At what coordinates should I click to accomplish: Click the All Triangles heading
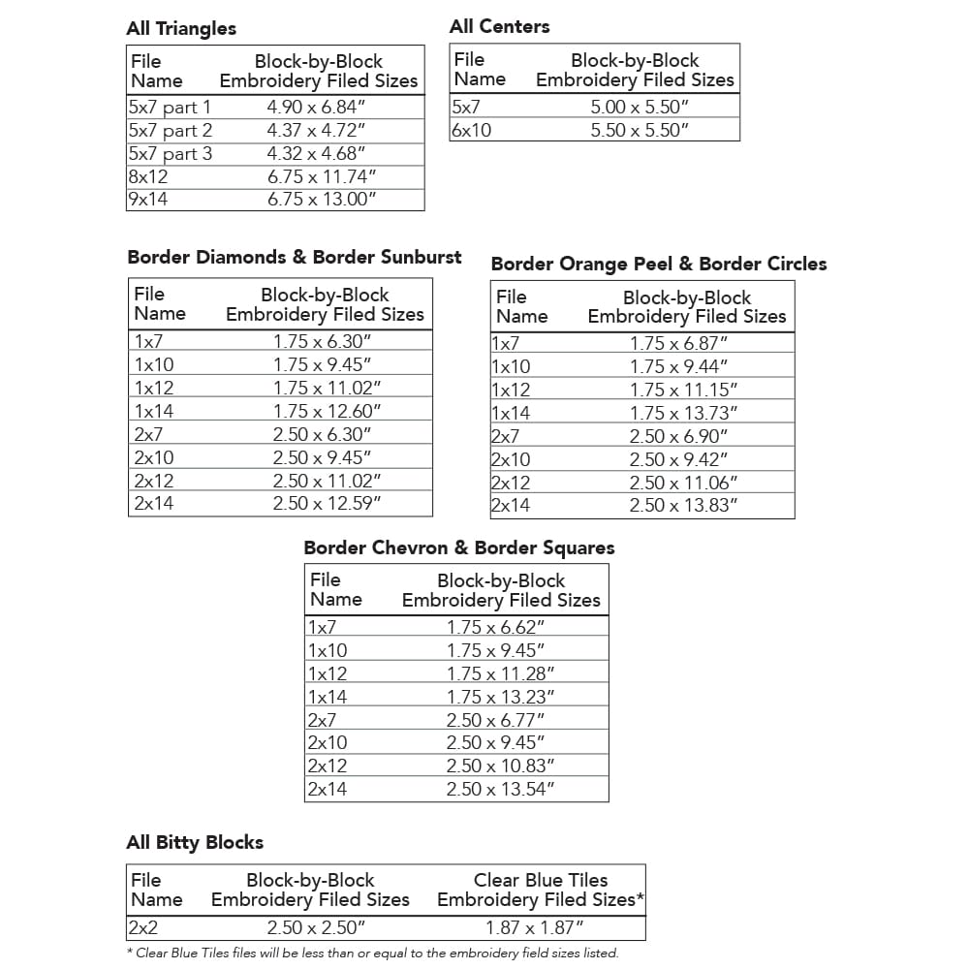click(x=181, y=28)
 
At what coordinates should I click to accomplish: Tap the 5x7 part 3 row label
click(x=171, y=153)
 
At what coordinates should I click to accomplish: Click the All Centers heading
click(x=499, y=26)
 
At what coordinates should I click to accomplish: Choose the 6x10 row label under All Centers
click(x=472, y=130)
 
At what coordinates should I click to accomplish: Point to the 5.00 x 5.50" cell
click(x=639, y=107)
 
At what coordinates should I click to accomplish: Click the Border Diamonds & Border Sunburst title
click(x=295, y=257)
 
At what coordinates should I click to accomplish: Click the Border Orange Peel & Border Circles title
click(x=659, y=264)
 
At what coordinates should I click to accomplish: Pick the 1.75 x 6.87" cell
click(x=678, y=343)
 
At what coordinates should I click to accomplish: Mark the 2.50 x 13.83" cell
click(x=683, y=505)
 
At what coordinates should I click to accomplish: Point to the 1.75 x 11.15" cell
click(x=683, y=390)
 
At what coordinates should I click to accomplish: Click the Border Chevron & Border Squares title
click(x=459, y=547)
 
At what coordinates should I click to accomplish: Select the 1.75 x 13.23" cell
click(x=500, y=697)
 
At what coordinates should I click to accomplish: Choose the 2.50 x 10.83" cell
click(x=500, y=766)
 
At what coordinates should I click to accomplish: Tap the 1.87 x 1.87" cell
click(x=540, y=927)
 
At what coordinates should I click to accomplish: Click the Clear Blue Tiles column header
click(x=541, y=890)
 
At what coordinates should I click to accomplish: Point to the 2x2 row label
click(x=143, y=927)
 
